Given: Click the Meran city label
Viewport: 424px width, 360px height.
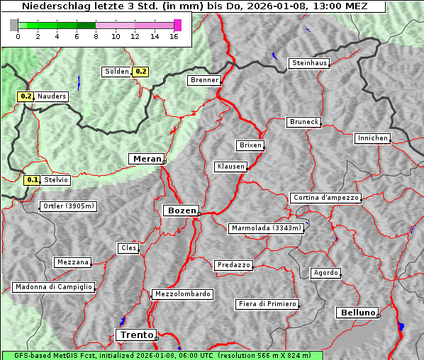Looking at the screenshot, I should [x=146, y=159].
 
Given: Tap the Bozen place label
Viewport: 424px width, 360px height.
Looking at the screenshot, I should [x=180, y=210].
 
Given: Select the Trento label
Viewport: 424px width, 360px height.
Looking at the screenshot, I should [x=135, y=334].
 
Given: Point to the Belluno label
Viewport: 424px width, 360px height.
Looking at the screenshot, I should [x=357, y=312].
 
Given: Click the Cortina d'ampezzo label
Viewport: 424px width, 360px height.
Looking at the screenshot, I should [x=325, y=198].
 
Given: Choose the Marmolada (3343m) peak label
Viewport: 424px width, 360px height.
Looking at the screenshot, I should [x=267, y=228].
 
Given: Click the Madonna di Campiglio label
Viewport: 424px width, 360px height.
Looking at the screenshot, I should [x=53, y=287].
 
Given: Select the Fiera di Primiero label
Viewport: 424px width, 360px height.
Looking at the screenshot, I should [x=267, y=304].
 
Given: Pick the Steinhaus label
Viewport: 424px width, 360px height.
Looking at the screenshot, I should [x=310, y=63].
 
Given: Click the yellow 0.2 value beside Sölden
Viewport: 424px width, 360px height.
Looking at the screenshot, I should [x=141, y=72].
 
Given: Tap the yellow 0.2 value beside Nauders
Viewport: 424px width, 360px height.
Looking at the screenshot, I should [x=26, y=96].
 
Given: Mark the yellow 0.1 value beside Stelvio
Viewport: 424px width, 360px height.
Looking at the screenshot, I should [x=32, y=180].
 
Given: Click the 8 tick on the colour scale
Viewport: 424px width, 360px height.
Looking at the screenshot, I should [x=96, y=36].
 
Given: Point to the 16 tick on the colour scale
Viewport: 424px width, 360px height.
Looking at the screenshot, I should [x=174, y=36].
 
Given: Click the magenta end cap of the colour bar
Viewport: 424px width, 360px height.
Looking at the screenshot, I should [x=177, y=25].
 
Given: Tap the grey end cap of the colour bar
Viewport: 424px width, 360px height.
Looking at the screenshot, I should [x=14, y=25].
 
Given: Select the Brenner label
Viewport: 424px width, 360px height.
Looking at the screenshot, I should [x=205, y=80].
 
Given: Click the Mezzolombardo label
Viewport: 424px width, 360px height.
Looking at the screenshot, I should [x=182, y=293].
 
